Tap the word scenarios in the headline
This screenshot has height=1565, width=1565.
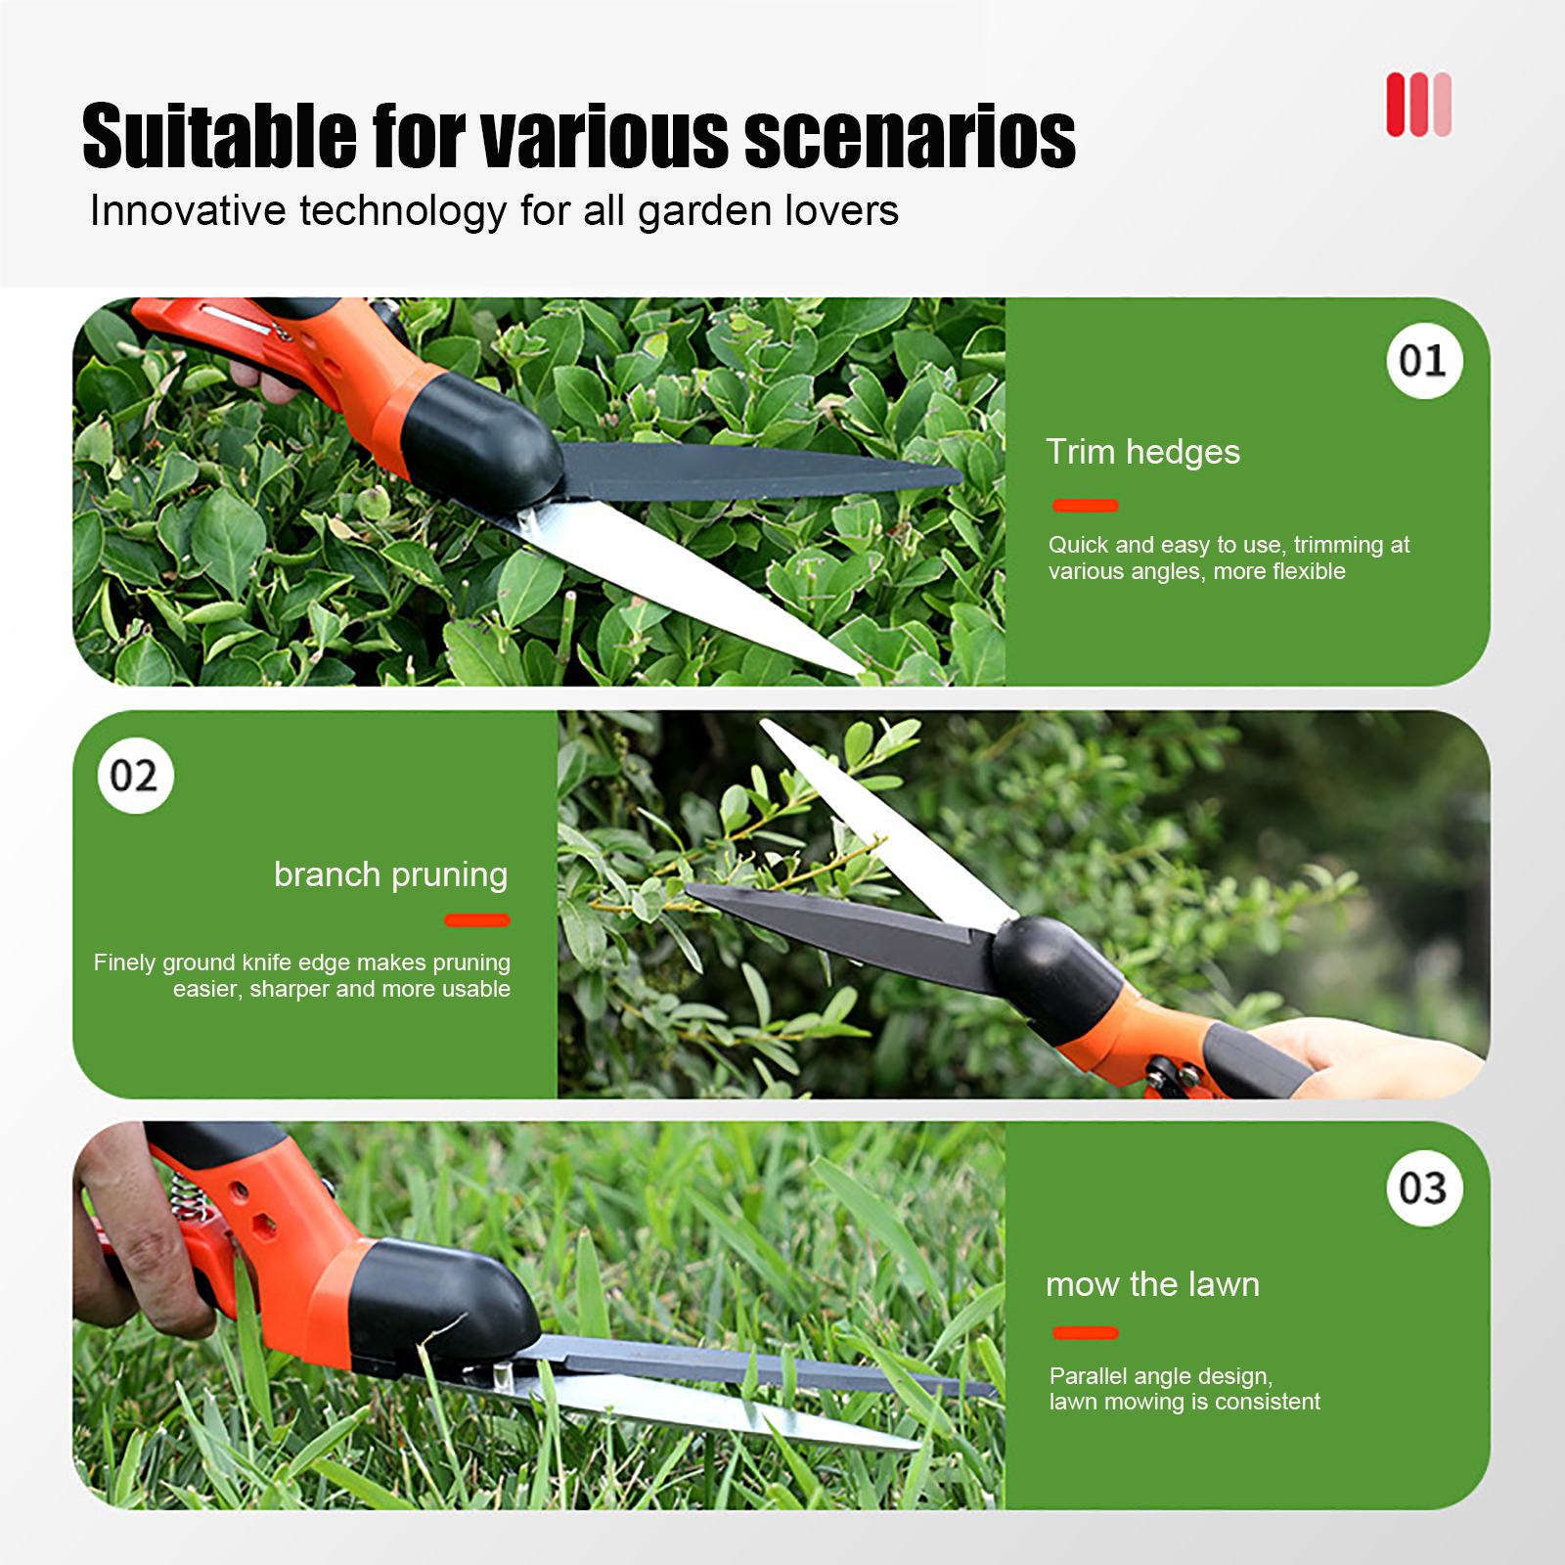point(910,136)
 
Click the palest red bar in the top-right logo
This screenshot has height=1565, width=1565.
point(1441,105)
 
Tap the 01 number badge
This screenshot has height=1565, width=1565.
point(1424,361)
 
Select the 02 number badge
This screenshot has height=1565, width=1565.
point(135,776)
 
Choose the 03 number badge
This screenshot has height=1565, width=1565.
point(1424,1188)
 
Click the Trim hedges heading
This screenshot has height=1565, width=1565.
point(1142,452)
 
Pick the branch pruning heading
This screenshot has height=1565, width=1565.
point(391,874)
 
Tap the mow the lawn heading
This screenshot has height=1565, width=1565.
point(1152,1284)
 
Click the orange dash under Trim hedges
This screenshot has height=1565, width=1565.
point(1086,505)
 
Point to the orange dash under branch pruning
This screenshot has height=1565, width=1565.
point(477,919)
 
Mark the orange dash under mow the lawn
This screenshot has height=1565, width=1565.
point(1086,1332)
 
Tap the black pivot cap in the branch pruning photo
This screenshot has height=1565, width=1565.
point(1056,965)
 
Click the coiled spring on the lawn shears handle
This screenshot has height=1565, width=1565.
point(188,1198)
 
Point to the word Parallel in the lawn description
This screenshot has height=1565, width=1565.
point(1086,1375)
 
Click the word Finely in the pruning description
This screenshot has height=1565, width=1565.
point(125,963)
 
